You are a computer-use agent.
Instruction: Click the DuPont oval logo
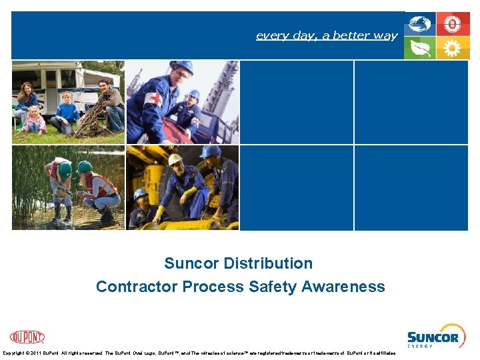point(27,337)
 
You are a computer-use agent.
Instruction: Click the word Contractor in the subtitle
point(137,287)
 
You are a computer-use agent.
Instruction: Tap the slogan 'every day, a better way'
point(327,35)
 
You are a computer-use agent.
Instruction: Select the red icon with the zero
point(453,25)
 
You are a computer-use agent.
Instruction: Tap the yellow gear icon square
point(453,48)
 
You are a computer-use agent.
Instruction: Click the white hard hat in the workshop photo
point(175,160)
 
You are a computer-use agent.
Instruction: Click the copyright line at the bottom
point(200,353)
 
